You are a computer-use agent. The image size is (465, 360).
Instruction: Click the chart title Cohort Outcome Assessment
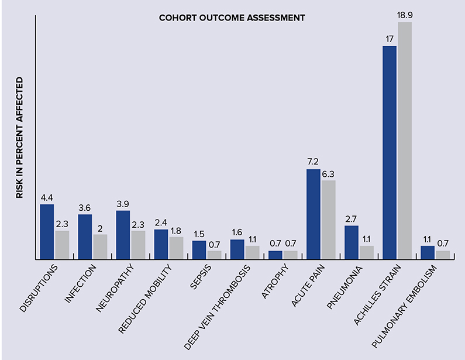[232, 18]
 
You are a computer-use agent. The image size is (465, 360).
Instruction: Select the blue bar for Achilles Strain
[390, 152]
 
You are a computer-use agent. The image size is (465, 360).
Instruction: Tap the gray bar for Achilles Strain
[405, 140]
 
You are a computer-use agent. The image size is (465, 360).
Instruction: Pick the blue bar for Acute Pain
[314, 214]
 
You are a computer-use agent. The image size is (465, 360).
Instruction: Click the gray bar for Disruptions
[62, 245]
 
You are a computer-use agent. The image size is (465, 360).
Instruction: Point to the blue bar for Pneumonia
[352, 242]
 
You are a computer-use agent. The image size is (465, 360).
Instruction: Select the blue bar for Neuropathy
[123, 235]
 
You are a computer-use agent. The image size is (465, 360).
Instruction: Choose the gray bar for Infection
[100, 246]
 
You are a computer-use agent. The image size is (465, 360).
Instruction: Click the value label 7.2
[314, 162]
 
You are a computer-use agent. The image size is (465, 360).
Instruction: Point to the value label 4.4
[47, 197]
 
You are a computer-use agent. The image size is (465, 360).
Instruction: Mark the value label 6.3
[329, 173]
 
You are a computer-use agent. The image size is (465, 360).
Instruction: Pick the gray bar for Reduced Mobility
[176, 248]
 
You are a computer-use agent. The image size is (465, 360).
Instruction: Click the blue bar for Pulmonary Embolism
[428, 252]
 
